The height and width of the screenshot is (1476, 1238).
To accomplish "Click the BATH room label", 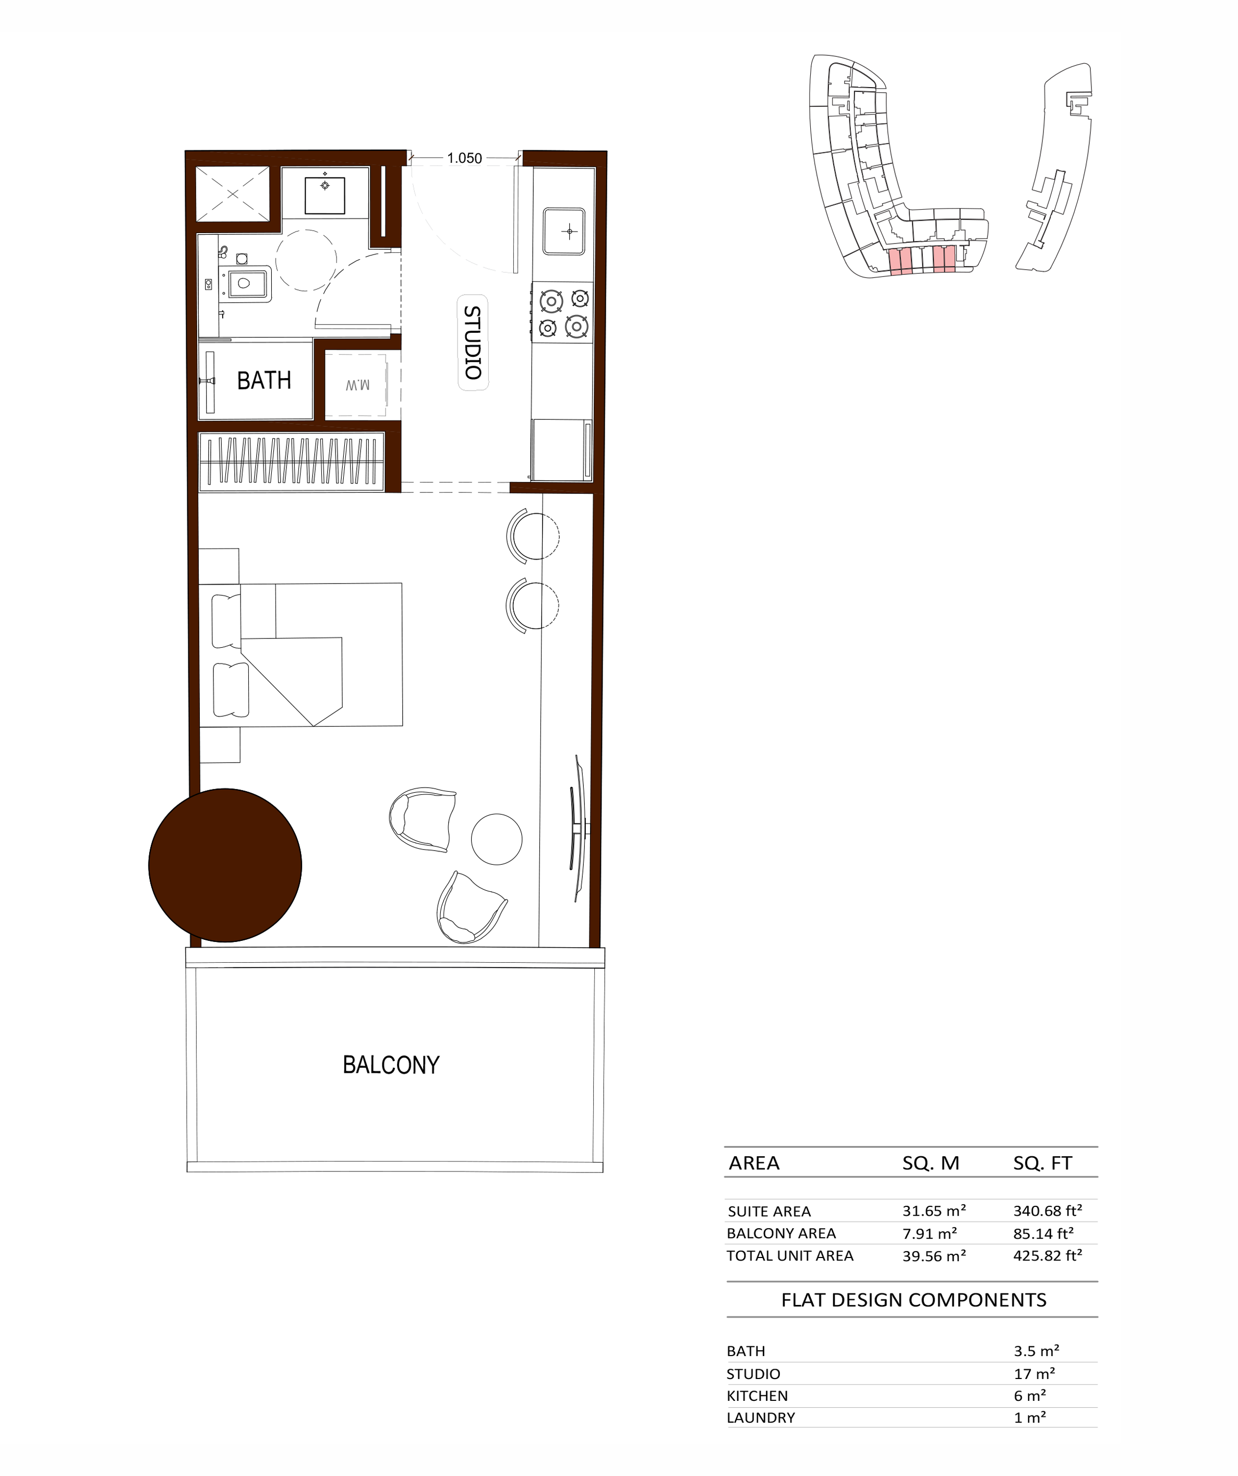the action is [263, 380].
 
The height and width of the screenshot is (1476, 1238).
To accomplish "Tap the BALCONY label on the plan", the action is [391, 1065].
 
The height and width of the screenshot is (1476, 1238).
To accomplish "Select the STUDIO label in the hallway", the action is [473, 342].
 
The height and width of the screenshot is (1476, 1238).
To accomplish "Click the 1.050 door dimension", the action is [465, 158].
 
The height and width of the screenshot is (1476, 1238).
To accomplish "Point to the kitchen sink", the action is [564, 231].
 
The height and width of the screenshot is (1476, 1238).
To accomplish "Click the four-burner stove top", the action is [562, 312].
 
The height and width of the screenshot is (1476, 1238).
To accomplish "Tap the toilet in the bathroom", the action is [244, 283].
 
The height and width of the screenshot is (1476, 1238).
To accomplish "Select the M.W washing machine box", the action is [358, 384].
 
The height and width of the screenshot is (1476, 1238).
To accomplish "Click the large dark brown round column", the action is [225, 865].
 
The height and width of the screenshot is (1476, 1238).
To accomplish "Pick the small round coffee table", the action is [496, 839].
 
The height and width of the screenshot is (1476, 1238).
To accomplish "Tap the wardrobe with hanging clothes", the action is [292, 461].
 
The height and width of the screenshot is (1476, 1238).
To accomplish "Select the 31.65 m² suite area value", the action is [934, 1211].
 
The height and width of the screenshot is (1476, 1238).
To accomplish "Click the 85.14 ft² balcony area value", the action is [1043, 1233].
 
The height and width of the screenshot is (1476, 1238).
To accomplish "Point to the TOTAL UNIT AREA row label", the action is [789, 1255].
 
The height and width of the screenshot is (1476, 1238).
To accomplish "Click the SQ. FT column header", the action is [1042, 1163].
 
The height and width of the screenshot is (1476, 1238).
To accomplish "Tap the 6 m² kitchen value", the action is [1030, 1395].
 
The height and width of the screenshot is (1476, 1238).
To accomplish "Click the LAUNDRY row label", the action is [761, 1418].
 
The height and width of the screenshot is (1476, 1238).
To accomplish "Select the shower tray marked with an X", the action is [233, 193].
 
